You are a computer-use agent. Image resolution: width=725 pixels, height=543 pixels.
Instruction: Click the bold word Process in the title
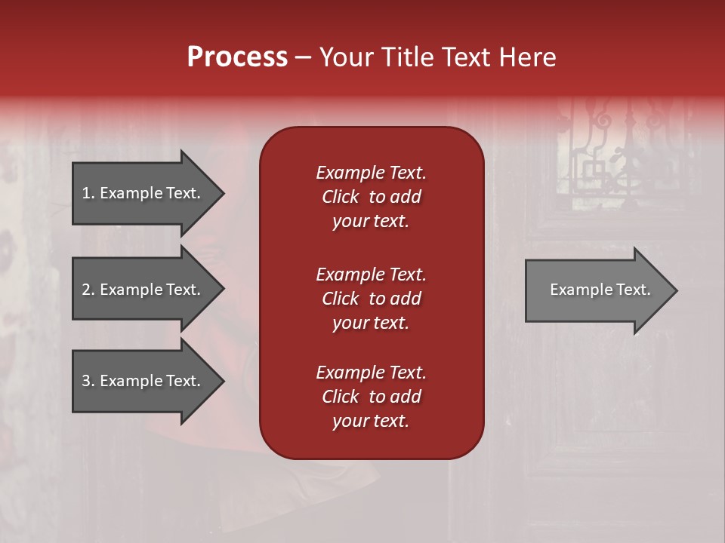237,57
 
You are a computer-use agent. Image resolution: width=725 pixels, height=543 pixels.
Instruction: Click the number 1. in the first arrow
88,193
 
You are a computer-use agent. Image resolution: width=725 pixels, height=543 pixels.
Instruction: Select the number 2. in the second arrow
88,290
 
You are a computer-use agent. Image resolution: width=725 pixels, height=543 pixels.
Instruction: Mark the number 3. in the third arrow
88,381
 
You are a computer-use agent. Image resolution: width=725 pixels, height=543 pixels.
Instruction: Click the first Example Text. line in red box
371,173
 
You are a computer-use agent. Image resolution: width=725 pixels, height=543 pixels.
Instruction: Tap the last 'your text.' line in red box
371,421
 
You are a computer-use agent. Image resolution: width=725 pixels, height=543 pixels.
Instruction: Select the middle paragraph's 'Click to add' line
371,299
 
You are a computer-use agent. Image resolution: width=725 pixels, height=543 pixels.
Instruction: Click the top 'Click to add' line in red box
371,197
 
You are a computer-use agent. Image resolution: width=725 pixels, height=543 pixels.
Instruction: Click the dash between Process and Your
303,57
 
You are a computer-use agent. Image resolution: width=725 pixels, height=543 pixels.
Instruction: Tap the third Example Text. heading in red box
371,373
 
